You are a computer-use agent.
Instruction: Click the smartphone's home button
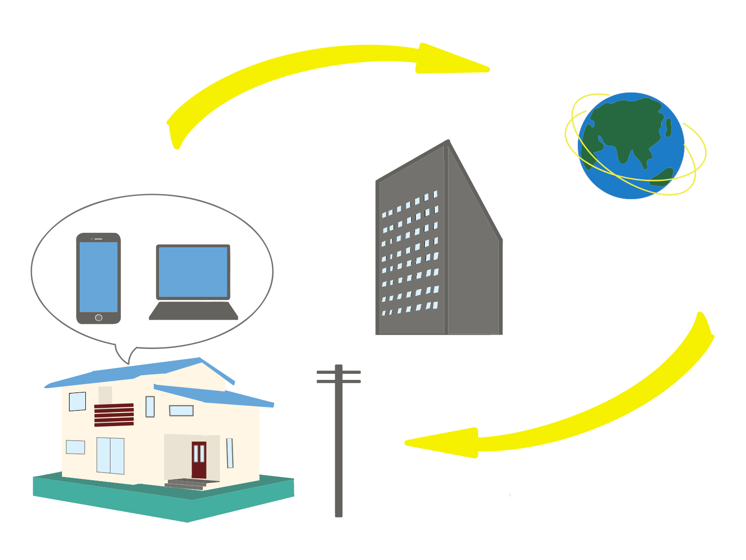point(98,318)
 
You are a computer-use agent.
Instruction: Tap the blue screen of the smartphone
point(98,277)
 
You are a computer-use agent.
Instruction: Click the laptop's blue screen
point(193,272)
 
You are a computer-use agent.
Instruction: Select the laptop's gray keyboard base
point(193,311)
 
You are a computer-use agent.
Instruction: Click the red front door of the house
point(199,460)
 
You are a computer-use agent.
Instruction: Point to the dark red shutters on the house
point(114,415)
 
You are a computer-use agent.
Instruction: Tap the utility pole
point(338,448)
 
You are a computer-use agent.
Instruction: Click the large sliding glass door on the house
point(111,455)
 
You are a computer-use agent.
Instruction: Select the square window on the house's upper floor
point(77,401)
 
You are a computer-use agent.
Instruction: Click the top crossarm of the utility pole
point(338,372)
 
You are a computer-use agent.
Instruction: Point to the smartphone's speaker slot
point(98,239)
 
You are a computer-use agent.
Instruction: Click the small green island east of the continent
point(668,127)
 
